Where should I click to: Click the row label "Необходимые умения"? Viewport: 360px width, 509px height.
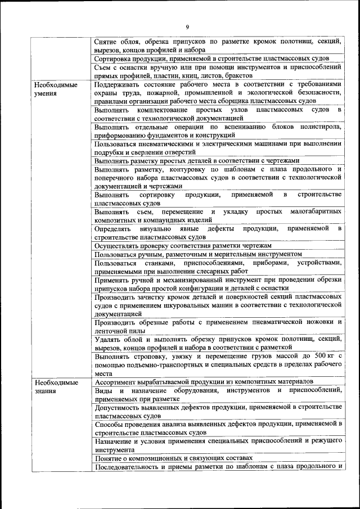[55, 89]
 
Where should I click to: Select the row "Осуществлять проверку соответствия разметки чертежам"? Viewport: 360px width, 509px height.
[183, 246]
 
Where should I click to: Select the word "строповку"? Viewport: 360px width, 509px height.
[152, 357]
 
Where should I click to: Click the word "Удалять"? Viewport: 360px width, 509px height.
[108, 339]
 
